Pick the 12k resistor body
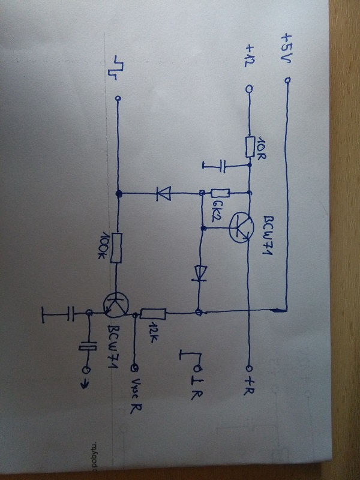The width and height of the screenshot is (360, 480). coord(153,313)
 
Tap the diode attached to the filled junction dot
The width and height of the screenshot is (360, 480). coord(163,193)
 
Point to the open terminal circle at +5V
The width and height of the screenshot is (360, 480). coord(287,81)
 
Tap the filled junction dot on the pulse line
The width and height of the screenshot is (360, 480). coord(119,194)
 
